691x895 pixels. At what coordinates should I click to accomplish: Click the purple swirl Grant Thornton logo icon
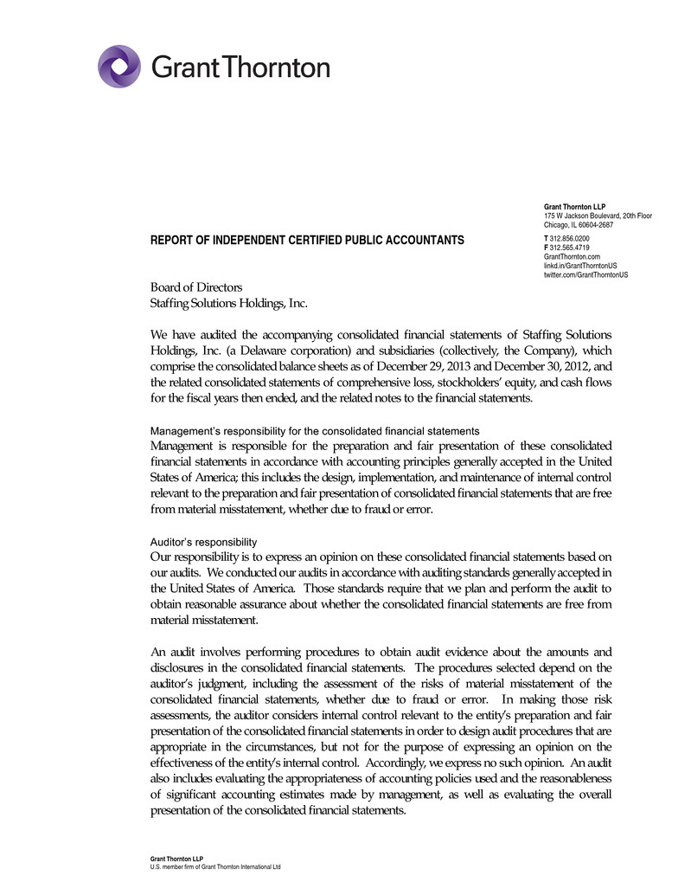tap(118, 67)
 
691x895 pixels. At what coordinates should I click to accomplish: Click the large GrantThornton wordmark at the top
tap(240, 68)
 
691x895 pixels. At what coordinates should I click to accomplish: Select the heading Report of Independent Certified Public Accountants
tap(307, 240)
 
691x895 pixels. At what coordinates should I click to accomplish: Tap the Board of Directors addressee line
tap(196, 287)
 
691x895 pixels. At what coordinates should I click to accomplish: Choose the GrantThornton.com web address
tap(572, 256)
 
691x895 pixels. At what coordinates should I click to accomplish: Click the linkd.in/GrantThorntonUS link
tap(579, 265)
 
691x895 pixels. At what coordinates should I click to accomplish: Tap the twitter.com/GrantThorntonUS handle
tap(585, 274)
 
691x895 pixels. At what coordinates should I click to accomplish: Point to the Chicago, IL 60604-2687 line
tap(579, 225)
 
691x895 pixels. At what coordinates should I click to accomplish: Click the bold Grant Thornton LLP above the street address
tap(574, 207)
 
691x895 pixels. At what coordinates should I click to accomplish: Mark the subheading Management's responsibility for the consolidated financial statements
tap(315, 430)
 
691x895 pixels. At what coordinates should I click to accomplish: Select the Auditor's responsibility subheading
tap(203, 542)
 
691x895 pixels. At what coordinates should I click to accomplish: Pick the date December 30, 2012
tap(519, 366)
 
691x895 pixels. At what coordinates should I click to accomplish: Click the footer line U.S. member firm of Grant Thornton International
tap(216, 866)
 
